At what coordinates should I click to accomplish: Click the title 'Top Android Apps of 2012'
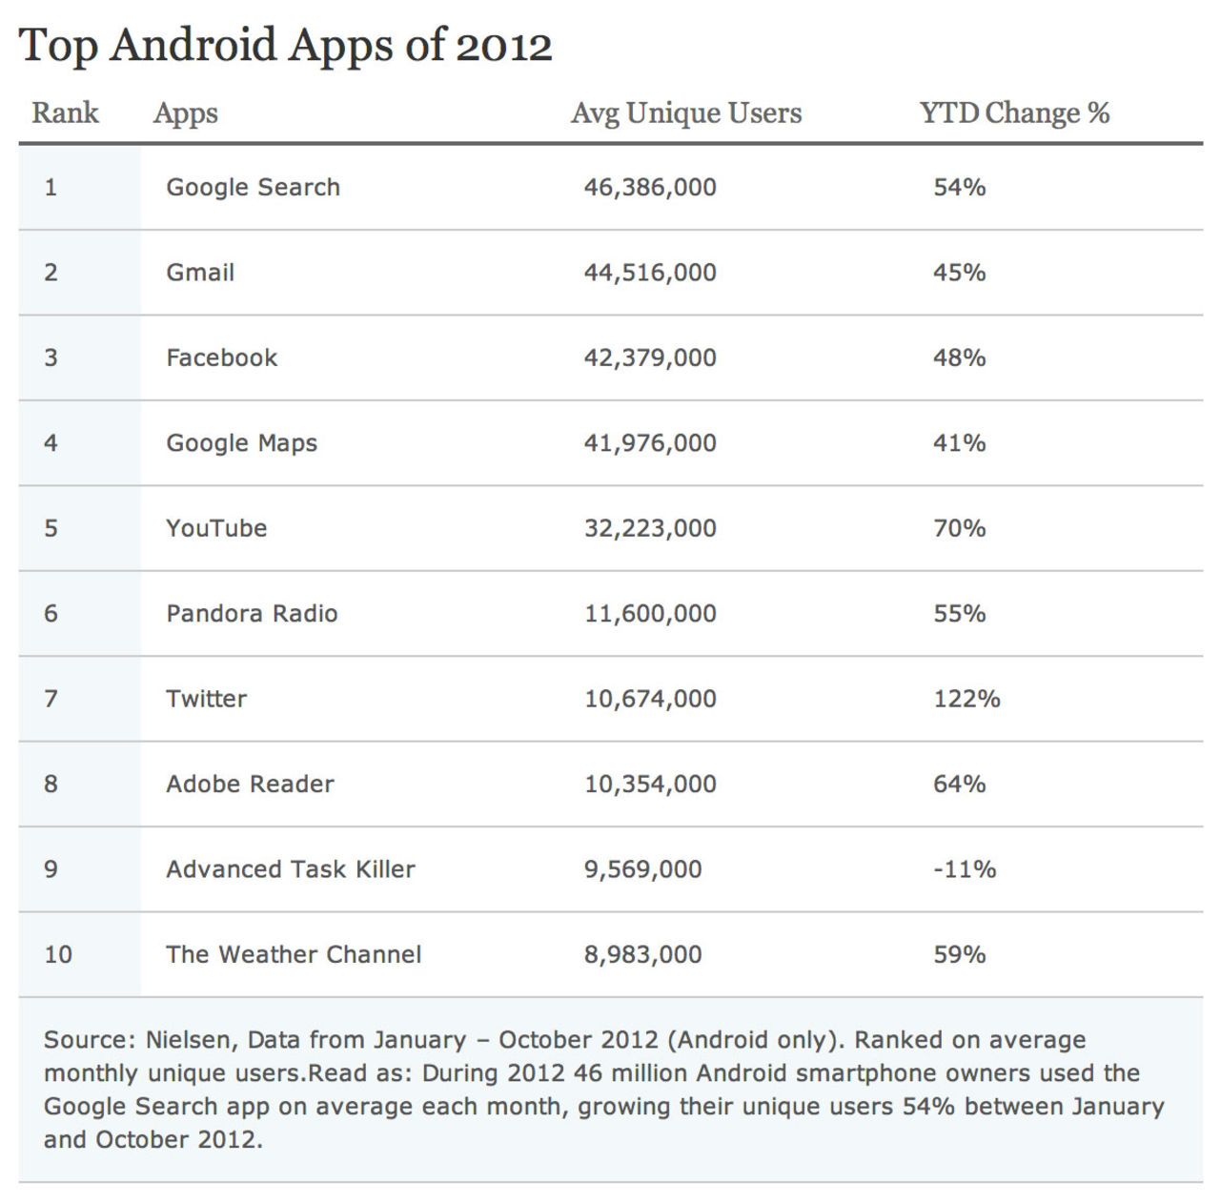coord(285,46)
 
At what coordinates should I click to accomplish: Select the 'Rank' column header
coord(65,112)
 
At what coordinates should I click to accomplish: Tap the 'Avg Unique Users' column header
coord(686,112)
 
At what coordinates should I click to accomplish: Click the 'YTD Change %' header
coord(1014,112)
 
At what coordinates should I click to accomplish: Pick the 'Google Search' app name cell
coord(253,187)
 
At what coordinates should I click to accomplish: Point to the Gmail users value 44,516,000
coord(650,273)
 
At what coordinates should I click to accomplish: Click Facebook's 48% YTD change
coord(959,357)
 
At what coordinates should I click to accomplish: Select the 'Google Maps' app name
coord(241,443)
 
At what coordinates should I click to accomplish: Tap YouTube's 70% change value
coord(959,528)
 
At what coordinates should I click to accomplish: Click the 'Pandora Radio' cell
coord(252,613)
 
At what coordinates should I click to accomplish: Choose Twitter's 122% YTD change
coord(966,699)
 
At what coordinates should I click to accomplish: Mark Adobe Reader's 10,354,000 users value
coord(650,784)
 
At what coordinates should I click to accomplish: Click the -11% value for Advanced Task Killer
coord(965,869)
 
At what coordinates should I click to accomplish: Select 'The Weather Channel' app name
coord(294,954)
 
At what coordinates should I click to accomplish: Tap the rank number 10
coord(58,954)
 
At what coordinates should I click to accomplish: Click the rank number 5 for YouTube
coord(51,528)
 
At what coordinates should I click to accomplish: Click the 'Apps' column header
coord(186,112)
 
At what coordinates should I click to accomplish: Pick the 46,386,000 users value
coord(650,187)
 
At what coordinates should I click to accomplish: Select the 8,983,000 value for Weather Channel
coord(642,954)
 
